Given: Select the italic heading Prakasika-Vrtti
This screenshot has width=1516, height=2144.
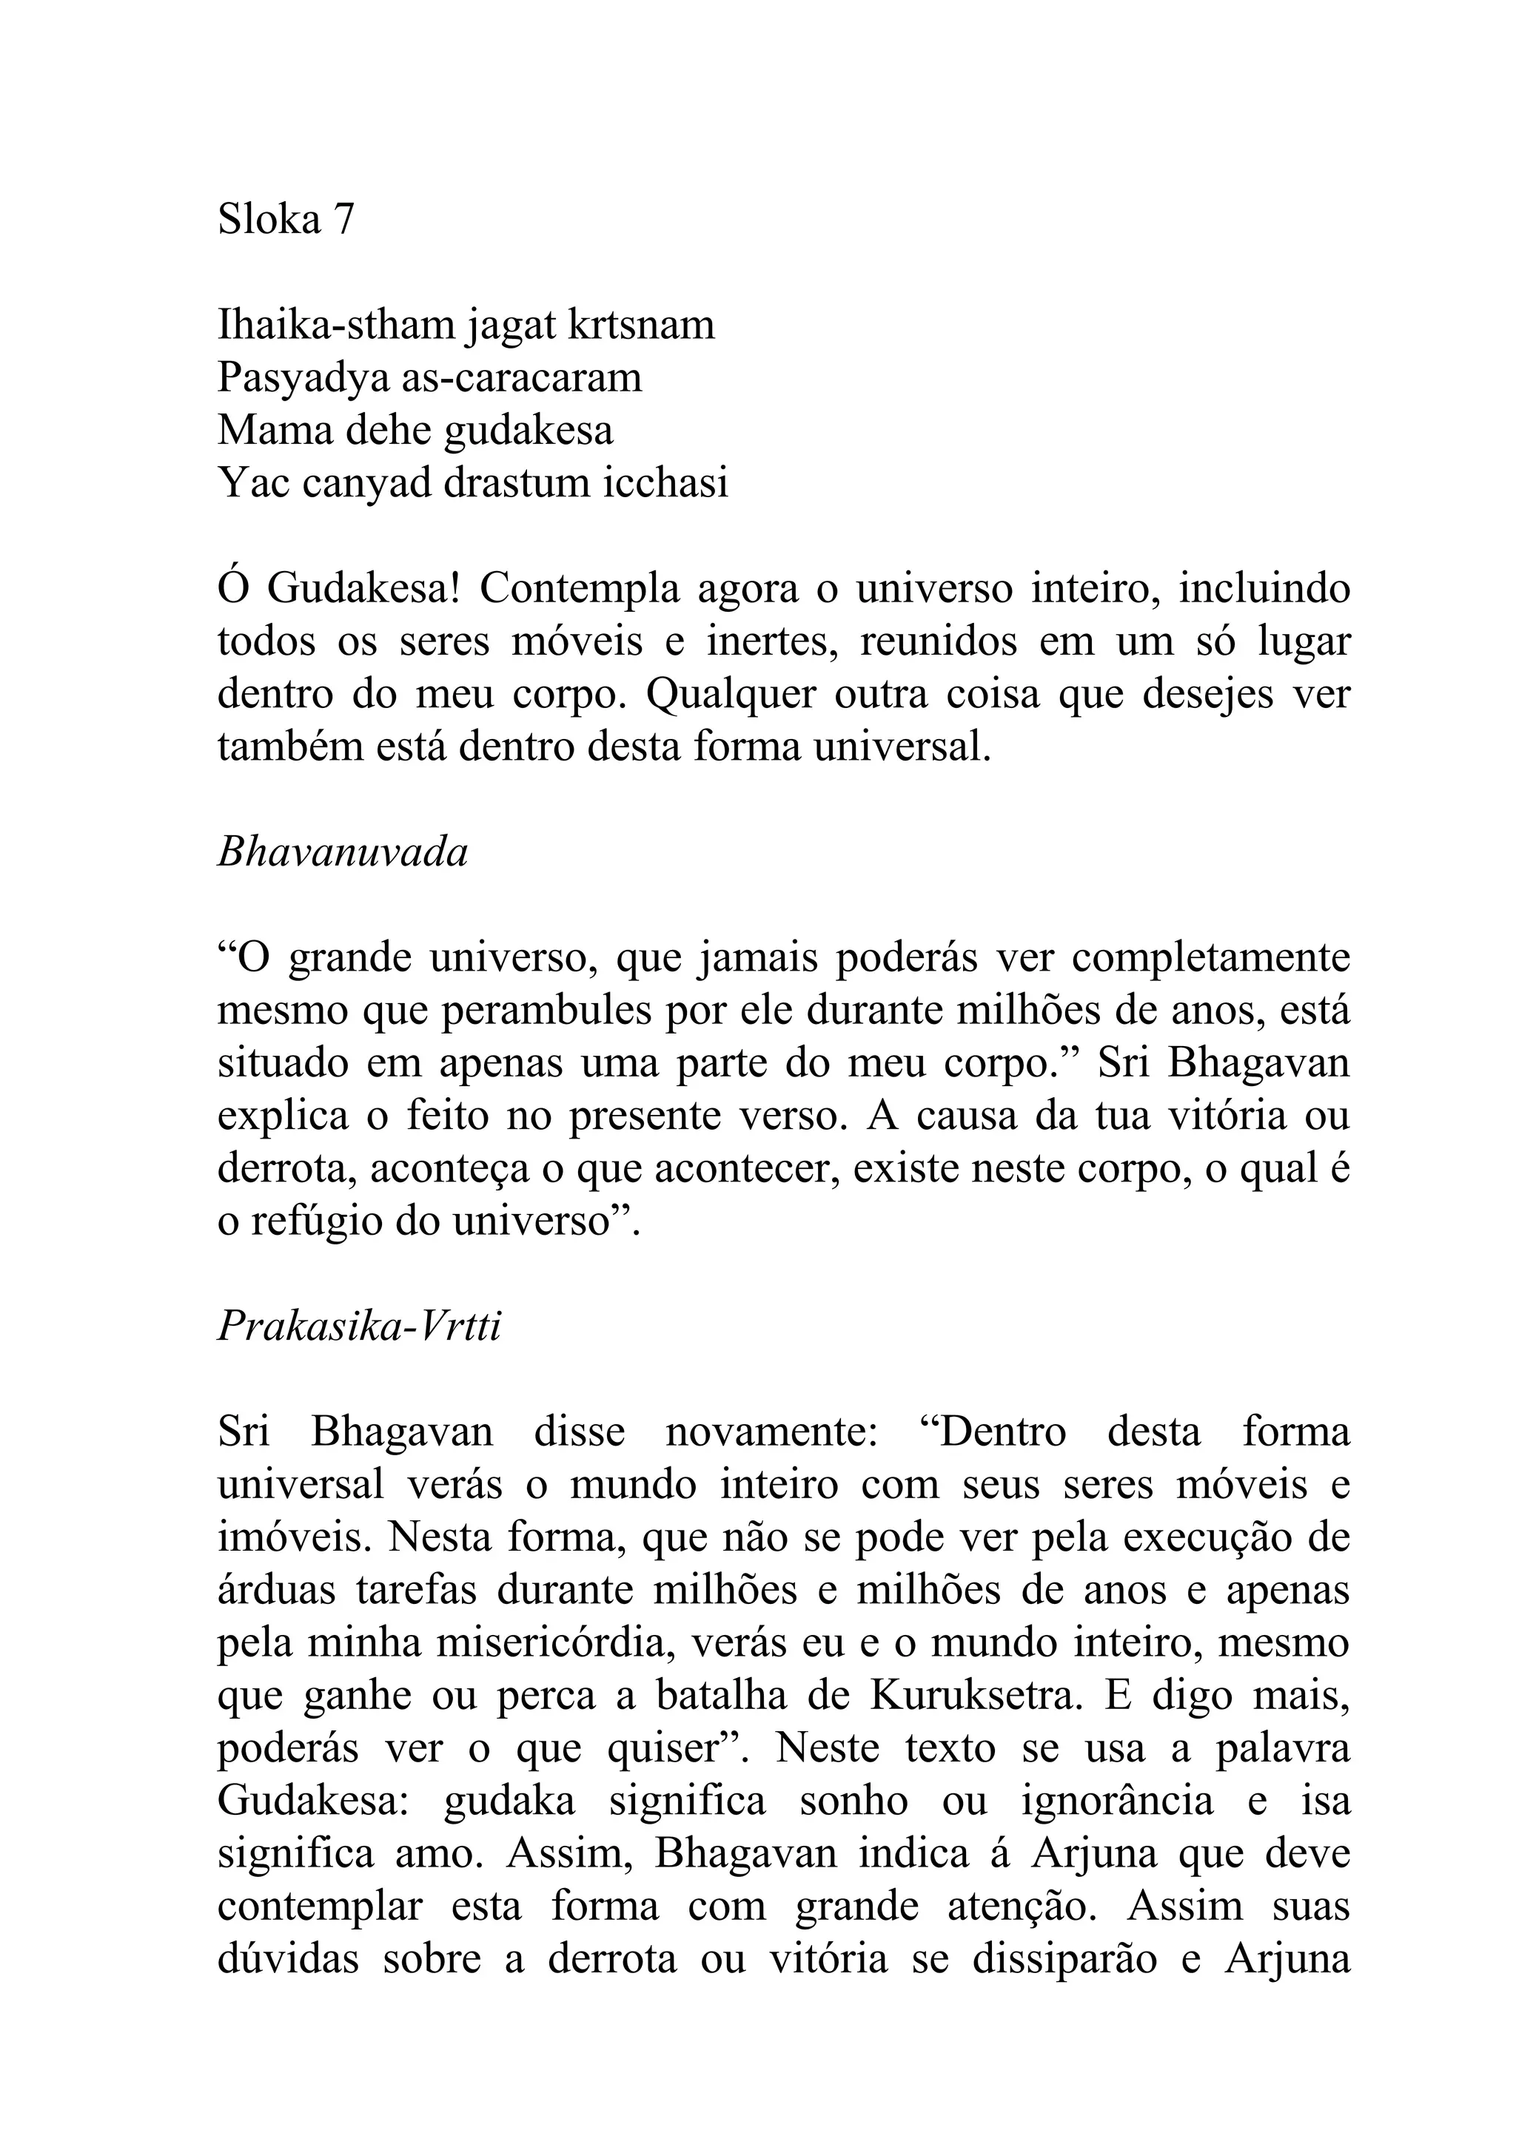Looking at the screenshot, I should click(360, 1326).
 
